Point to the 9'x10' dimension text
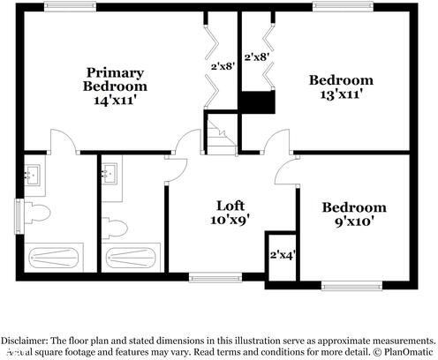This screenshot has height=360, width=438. point(353,222)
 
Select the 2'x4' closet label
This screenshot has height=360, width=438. point(282,255)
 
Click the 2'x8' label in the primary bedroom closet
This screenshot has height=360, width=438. point(222,65)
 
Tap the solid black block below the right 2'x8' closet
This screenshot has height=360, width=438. point(259,102)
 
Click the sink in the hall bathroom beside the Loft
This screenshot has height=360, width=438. point(110,173)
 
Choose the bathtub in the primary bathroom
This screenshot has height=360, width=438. point(56,259)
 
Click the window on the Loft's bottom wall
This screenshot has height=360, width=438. point(212,277)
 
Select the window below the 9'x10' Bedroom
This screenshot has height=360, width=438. point(351,285)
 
